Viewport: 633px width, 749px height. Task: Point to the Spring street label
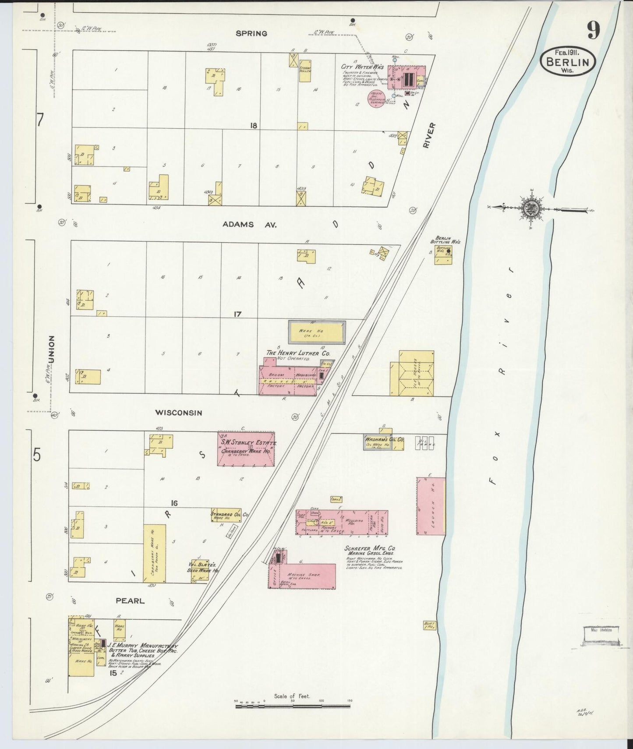pyautogui.click(x=251, y=33)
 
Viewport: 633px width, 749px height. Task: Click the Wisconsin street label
pyautogui.click(x=179, y=413)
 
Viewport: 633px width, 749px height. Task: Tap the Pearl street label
pyautogui.click(x=130, y=601)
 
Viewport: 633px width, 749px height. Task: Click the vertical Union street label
pyautogui.click(x=52, y=349)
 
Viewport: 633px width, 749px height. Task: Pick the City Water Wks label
pyautogui.click(x=362, y=67)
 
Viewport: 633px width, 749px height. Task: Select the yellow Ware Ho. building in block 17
pyautogui.click(x=317, y=332)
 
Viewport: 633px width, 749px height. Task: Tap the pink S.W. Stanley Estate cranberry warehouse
pyautogui.click(x=246, y=449)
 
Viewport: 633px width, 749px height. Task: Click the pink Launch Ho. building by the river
pyautogui.click(x=430, y=506)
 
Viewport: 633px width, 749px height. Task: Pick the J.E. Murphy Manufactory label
pyautogui.click(x=143, y=646)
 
